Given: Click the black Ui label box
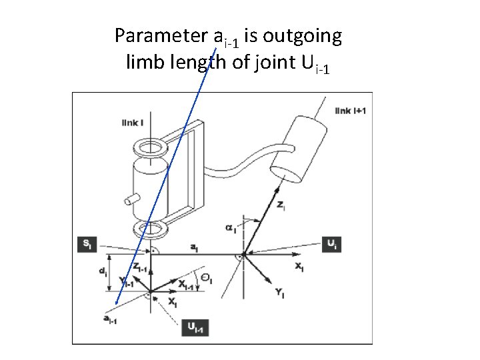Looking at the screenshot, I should click(331, 244).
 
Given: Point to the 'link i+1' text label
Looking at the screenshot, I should click(351, 110).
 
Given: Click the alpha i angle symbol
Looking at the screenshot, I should click(231, 229).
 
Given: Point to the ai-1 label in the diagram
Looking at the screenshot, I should click(110, 320).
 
